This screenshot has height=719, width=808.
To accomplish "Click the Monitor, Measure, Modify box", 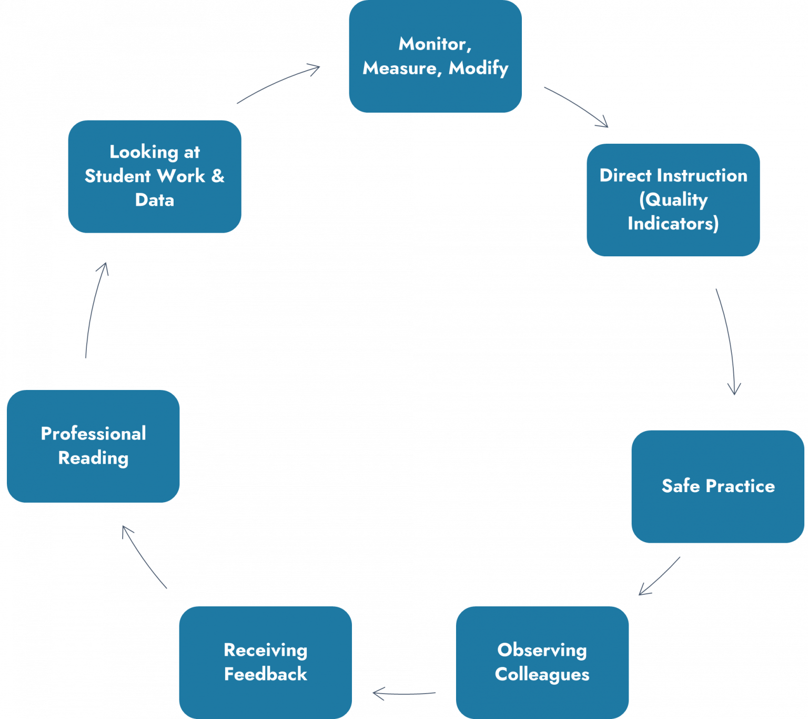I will (436, 56).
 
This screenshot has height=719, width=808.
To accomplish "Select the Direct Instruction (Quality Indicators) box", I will (673, 199).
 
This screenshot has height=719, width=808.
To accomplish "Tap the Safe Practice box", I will (718, 486).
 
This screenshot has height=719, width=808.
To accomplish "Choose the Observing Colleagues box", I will (542, 662).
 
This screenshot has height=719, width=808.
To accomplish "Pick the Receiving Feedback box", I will (265, 662).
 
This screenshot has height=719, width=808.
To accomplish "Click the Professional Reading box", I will (93, 445).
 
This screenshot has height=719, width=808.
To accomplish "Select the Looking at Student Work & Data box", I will (154, 176).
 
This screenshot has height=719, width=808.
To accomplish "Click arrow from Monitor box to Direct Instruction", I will (576, 105).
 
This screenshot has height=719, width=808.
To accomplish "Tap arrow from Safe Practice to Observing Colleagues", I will (660, 576).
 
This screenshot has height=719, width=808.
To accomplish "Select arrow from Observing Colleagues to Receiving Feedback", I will (403, 693).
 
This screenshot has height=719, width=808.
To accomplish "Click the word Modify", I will (478, 68).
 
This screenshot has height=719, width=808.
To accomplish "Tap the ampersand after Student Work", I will (218, 176).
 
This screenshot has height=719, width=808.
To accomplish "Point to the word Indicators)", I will (673, 224).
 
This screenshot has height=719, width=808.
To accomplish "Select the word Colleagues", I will (542, 674).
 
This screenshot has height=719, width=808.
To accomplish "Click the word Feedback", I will (265, 674).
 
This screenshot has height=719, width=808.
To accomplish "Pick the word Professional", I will (93, 433).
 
